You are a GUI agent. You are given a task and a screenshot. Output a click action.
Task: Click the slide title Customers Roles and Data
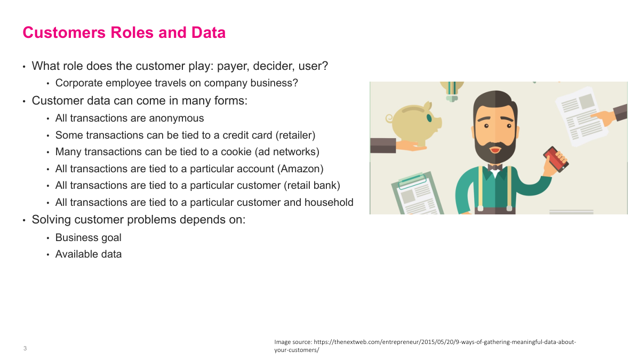124,33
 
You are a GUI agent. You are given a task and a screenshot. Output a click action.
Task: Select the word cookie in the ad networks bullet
235,151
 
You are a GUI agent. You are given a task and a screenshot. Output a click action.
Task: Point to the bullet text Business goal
88,237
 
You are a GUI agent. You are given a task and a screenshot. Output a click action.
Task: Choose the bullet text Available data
88,254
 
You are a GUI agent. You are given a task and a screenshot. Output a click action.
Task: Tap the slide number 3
25,349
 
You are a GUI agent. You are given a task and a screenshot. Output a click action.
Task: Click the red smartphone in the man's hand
556,159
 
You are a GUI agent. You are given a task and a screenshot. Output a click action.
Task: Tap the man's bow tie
494,167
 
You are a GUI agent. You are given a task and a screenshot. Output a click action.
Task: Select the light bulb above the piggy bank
452,91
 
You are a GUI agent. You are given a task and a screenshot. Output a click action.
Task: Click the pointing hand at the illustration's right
608,115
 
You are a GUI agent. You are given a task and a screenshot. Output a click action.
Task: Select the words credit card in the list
248,135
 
